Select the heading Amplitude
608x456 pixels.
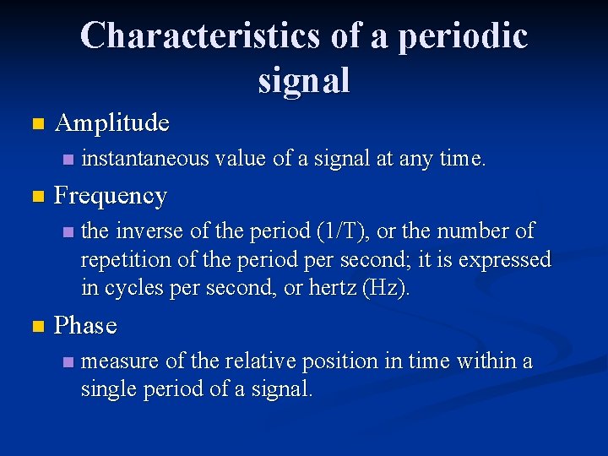pos(111,123)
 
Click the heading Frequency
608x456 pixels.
pos(111,196)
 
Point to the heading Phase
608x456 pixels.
pos(85,325)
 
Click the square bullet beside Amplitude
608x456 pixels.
pos(35,124)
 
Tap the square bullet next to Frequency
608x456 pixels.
pos(35,197)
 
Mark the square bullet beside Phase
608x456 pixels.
pos(35,326)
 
